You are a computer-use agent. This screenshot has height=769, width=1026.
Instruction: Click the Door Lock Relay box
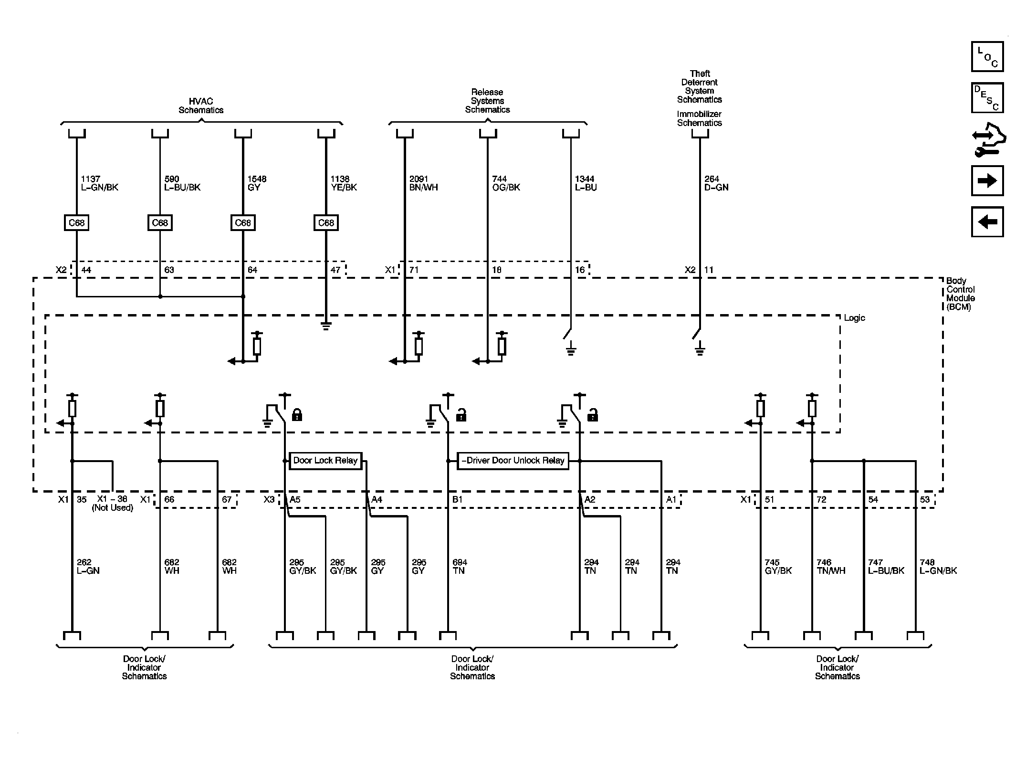tap(325, 461)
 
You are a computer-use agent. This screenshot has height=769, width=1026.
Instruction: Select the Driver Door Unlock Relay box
tap(513, 461)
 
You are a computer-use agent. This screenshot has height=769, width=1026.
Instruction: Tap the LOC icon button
tap(987, 57)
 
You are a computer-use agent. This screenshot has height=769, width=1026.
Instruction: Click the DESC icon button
tap(987, 98)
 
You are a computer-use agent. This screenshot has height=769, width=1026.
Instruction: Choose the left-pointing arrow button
tap(987, 221)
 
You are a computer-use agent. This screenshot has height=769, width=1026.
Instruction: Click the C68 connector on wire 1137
tap(76, 223)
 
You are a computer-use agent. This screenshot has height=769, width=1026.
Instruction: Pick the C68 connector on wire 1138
tap(326, 223)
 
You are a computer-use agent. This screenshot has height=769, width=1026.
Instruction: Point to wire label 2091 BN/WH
tap(423, 183)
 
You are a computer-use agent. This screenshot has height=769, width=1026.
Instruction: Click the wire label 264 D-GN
tap(716, 183)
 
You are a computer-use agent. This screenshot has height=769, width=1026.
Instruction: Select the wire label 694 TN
tap(460, 567)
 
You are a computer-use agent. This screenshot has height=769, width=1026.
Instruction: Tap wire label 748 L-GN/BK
tap(938, 567)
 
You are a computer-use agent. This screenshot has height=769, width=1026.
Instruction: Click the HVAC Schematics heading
tap(201, 105)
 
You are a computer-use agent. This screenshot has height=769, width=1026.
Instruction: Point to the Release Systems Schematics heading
tap(487, 101)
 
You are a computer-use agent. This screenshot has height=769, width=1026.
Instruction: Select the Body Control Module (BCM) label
tap(960, 294)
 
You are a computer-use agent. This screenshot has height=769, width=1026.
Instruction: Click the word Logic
tap(854, 318)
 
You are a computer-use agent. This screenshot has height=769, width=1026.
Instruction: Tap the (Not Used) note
tap(113, 508)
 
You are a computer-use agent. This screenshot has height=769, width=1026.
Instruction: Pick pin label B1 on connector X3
tap(457, 499)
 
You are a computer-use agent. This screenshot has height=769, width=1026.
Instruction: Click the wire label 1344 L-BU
tap(586, 183)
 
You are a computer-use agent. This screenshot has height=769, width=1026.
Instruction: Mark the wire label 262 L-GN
tap(88, 567)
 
